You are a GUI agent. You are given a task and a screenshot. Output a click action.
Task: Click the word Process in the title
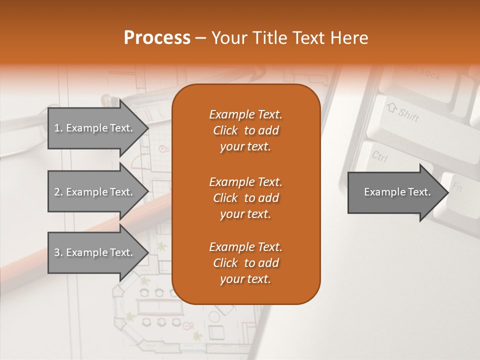click(x=157, y=38)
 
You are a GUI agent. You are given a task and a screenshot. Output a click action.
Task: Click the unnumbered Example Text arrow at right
click(x=397, y=192)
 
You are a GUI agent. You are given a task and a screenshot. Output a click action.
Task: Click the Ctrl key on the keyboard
click(x=380, y=157)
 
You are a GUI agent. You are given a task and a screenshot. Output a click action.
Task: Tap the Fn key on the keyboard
click(x=456, y=187)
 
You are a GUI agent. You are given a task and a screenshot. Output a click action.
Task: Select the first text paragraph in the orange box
click(x=245, y=130)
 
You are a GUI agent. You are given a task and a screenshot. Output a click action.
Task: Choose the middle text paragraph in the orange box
click(x=245, y=197)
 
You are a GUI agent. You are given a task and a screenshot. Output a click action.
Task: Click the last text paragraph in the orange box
click(x=245, y=263)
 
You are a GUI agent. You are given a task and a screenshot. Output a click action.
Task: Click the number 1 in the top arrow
click(x=57, y=128)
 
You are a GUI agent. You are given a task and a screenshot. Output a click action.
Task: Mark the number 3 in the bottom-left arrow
click(x=57, y=252)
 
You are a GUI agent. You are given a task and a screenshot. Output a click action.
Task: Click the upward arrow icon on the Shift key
click(x=391, y=107)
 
